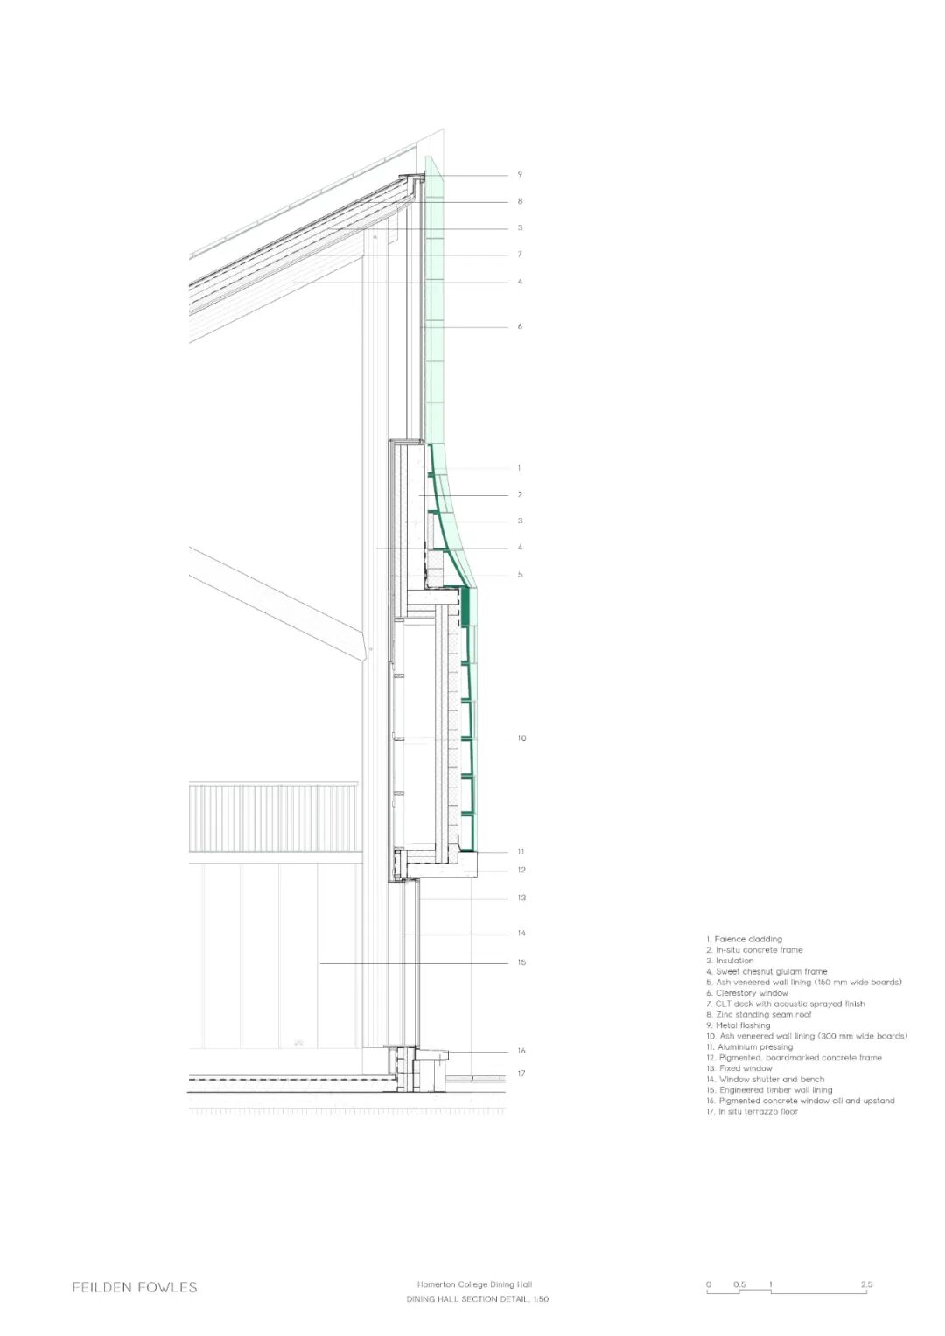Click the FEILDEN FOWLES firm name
coord(135,1287)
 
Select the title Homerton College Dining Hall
coord(474,1284)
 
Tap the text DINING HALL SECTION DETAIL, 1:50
coord(477,1299)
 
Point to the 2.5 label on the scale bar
coord(865,1284)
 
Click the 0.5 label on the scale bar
coord(739,1284)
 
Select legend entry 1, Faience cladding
coord(744,939)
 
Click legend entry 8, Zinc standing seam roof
coord(759,1015)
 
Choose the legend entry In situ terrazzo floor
coord(752,1112)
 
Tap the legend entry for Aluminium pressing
coord(750,1047)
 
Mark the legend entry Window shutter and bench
coord(766,1080)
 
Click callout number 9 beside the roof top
coord(520,175)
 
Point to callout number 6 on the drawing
coord(520,327)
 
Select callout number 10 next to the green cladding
coord(521,738)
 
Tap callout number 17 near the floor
coord(521,1074)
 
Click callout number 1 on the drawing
coord(519,468)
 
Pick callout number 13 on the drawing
coord(521,899)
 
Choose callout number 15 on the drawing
coord(521,962)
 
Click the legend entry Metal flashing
coord(738,1025)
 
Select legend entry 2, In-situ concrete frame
coord(754,950)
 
